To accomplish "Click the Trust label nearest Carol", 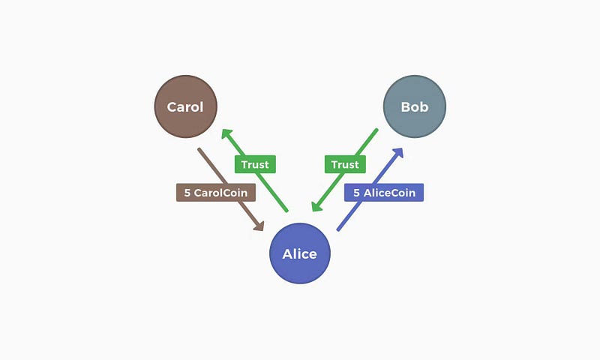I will [255, 164].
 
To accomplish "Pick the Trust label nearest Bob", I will [345, 164].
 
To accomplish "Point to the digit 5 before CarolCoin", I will [187, 193].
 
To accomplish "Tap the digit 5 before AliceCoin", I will [357, 193].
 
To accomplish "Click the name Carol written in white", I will [185, 106].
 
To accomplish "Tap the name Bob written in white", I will [414, 106].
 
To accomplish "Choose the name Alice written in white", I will [299, 253].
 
